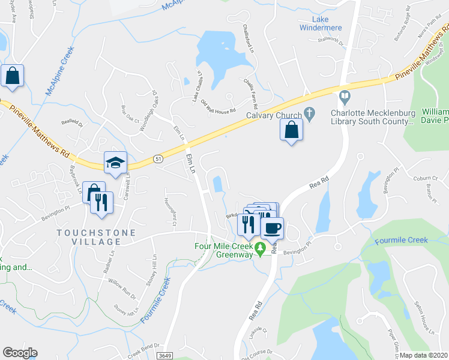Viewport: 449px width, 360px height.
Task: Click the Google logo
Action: (x=20, y=353)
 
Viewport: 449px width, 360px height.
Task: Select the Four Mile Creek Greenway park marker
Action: (x=260, y=247)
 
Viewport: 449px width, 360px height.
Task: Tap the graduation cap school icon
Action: (x=115, y=161)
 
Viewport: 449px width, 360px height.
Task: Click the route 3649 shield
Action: (x=164, y=355)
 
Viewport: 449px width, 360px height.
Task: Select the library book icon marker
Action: (x=345, y=96)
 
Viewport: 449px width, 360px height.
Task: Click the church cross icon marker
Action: (x=309, y=112)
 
